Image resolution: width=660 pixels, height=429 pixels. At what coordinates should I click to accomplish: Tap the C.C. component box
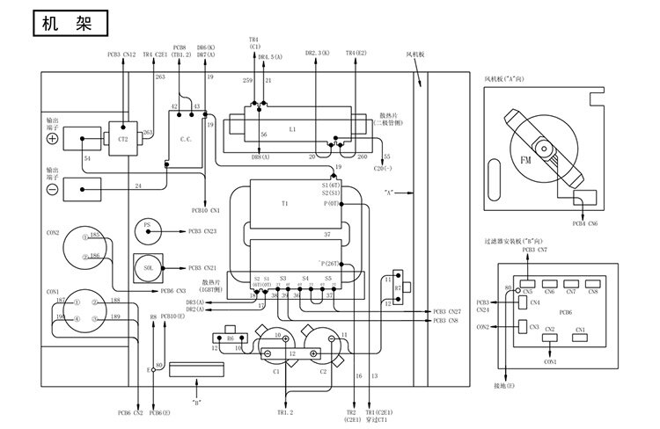[x=185, y=138]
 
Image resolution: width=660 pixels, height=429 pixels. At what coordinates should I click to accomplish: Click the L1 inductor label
[x=291, y=129]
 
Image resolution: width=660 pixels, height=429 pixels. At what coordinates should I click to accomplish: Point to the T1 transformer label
[x=284, y=203]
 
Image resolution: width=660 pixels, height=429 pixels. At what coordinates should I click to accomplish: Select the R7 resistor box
[x=397, y=287]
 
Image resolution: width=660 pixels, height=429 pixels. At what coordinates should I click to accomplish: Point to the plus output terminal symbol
[x=52, y=139]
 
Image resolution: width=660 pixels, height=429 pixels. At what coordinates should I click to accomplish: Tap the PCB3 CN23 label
[x=203, y=231]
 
